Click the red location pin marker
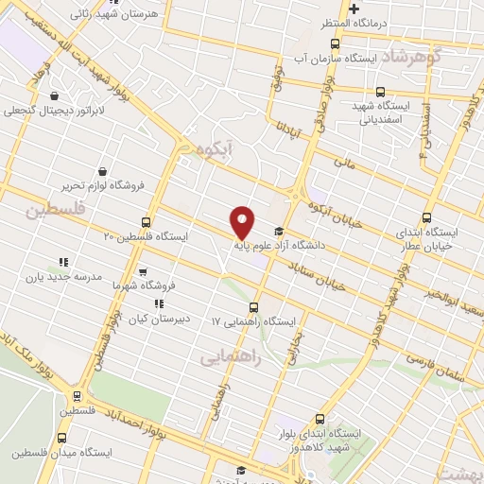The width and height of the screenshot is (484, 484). (244, 222)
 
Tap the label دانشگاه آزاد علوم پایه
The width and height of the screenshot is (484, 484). (316, 244)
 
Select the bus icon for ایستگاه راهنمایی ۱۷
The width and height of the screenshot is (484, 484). (252, 307)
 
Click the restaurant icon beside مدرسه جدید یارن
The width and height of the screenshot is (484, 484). (63, 262)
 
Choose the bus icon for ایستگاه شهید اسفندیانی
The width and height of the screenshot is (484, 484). (380, 92)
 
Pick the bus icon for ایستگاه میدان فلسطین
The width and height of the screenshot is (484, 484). (62, 438)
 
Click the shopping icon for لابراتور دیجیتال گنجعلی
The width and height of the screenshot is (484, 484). (57, 95)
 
